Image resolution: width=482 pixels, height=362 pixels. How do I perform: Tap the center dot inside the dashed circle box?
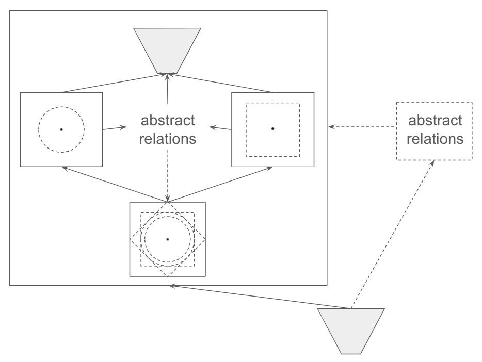[61, 129]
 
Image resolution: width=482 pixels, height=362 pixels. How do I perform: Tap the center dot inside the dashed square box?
[272, 128]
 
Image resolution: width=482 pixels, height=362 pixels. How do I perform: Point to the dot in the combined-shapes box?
[168, 239]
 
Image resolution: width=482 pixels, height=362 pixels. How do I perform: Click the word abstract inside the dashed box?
[435, 120]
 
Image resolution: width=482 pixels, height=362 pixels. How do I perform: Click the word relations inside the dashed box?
[435, 139]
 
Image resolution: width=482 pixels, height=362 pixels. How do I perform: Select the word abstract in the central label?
[168, 120]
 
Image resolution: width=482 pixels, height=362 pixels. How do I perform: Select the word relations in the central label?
[168, 139]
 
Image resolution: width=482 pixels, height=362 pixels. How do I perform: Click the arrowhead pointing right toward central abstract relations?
[123, 127]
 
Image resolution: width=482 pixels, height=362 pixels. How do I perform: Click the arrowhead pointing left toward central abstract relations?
[213, 127]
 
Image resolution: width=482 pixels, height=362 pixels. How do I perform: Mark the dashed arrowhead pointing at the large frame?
[332, 126]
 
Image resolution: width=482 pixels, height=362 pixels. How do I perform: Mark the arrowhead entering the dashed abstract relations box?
[432, 163]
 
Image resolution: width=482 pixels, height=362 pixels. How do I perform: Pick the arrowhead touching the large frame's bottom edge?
[172, 286]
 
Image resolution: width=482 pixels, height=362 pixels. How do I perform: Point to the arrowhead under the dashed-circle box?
[66, 168]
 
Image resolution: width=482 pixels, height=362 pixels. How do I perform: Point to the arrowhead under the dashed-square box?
[269, 168]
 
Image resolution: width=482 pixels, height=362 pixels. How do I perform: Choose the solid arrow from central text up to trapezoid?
[168, 89]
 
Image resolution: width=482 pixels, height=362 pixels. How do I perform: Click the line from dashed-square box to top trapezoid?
[220, 83]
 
